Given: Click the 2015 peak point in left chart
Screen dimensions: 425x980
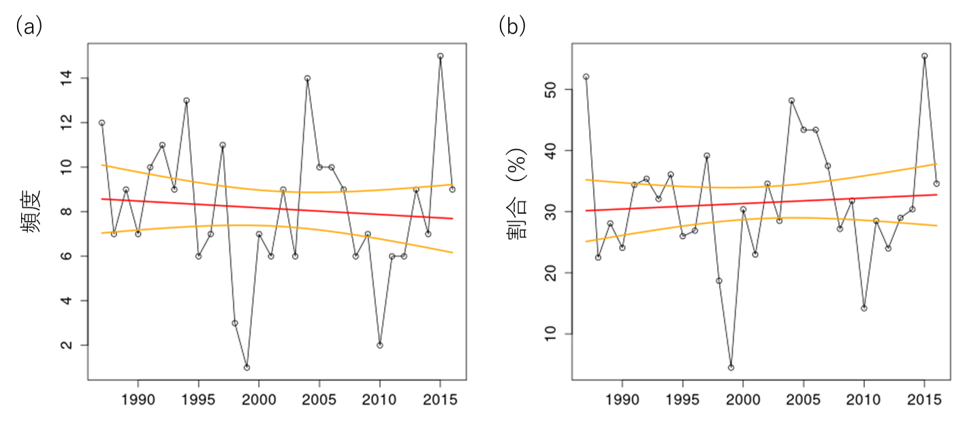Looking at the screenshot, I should (440, 56).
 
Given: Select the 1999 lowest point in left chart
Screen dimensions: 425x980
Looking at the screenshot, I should (247, 367).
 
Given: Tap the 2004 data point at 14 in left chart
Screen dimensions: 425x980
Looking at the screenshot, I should (307, 78).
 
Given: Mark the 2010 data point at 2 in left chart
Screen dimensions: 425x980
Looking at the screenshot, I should (379, 345).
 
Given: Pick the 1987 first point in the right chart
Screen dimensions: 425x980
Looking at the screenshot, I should (586, 76).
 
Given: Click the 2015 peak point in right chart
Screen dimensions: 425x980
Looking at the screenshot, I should (924, 56).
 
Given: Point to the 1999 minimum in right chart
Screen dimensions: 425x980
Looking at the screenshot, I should (731, 367).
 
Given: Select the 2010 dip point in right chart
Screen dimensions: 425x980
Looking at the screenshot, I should (864, 308).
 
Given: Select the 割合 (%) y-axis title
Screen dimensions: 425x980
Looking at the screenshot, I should (518, 204).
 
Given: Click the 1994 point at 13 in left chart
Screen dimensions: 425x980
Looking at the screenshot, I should (186, 100).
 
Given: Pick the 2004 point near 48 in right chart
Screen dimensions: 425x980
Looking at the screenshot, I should (791, 100).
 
